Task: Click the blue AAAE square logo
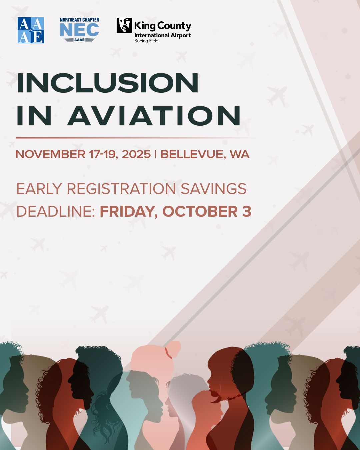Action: coord(31,30)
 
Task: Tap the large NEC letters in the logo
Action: coord(79,30)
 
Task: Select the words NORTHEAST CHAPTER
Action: coord(79,20)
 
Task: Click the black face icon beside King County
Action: coord(124,25)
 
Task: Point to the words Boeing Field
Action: coord(146,41)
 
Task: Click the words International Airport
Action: coord(163,35)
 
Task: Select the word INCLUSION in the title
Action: coord(108,83)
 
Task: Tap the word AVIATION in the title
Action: coord(154,116)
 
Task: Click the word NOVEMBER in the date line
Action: coord(50,154)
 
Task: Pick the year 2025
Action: coord(136,154)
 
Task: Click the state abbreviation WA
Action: coord(240,154)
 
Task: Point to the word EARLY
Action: coord(39,189)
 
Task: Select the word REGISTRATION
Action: coord(121,189)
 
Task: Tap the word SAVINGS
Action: coord(213,189)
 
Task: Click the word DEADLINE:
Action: coord(56,211)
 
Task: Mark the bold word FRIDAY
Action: coord(129,212)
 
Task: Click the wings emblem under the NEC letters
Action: coord(79,40)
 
